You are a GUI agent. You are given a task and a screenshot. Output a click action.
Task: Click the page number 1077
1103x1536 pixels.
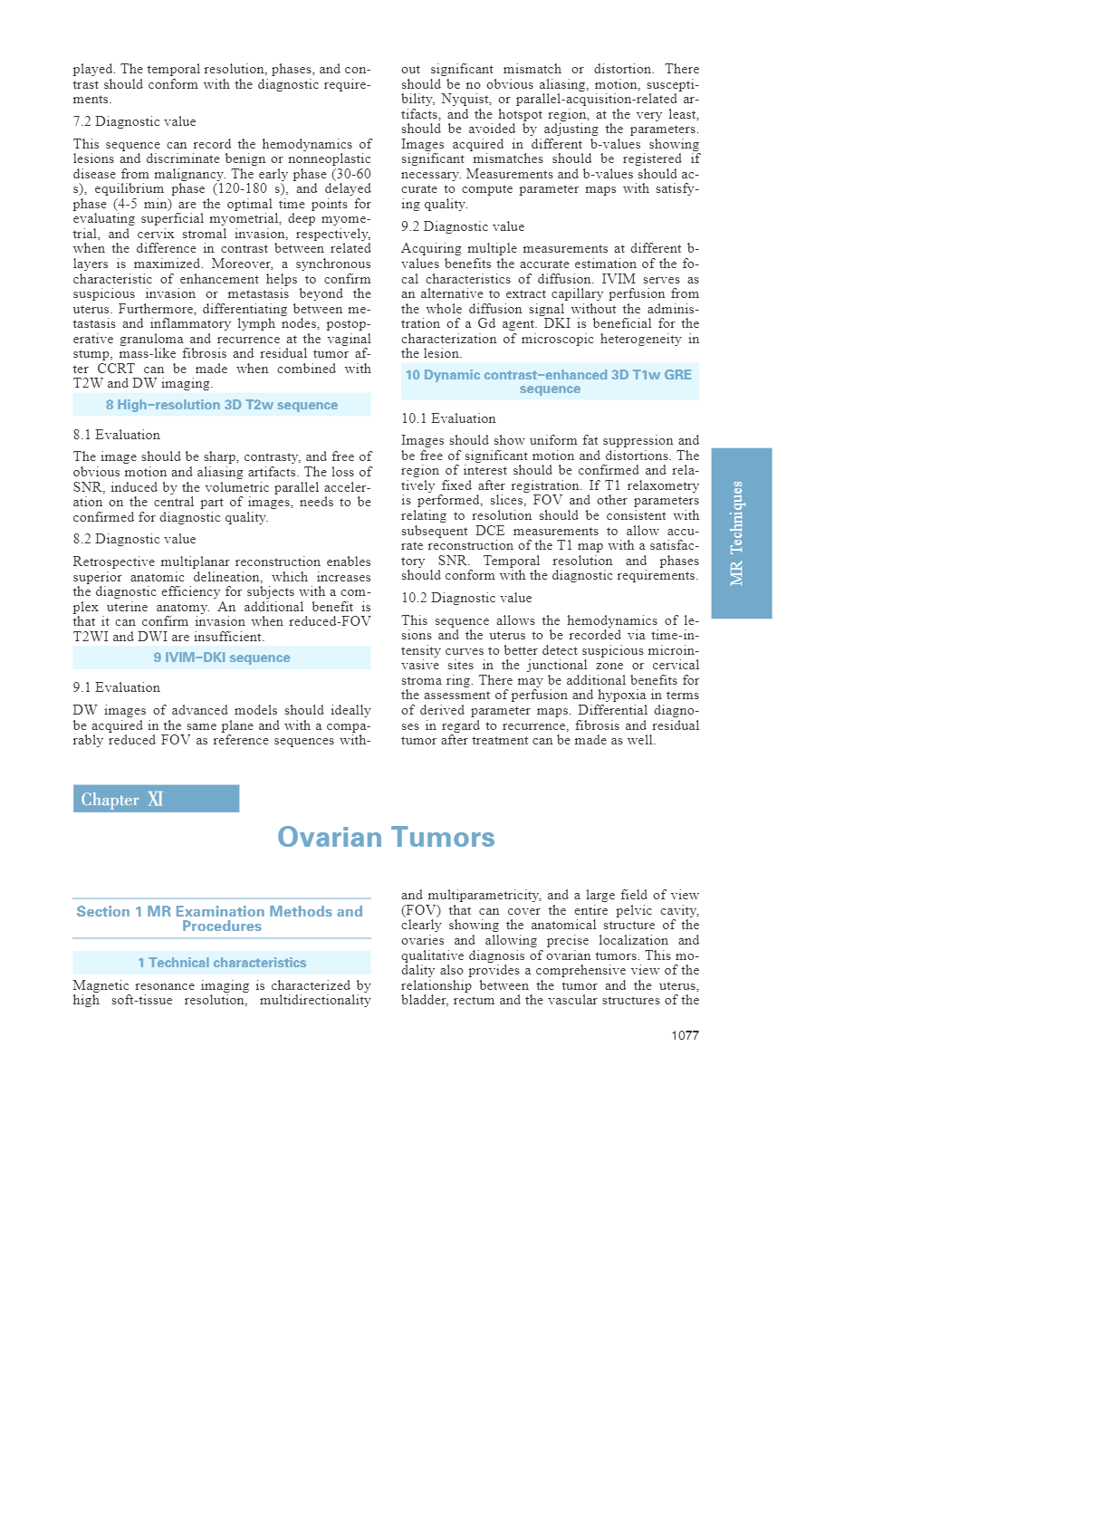(x=685, y=1035)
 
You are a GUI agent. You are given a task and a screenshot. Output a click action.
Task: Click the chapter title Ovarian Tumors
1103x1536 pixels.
(x=386, y=837)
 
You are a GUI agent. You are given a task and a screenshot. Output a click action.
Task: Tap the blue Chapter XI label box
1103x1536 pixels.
(x=156, y=799)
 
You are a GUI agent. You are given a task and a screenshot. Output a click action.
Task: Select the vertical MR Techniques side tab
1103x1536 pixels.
(x=741, y=533)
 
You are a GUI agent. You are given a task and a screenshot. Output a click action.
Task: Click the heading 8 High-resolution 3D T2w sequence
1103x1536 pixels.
(x=222, y=405)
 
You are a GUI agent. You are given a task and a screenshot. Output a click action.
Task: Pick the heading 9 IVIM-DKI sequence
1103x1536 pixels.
(x=222, y=658)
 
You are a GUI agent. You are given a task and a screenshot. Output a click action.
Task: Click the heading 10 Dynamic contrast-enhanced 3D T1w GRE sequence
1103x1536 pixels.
(x=549, y=381)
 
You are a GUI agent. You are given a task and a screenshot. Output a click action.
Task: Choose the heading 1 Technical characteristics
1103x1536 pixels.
(x=222, y=963)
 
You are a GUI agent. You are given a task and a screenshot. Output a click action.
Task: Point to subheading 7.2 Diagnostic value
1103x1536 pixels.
(x=134, y=121)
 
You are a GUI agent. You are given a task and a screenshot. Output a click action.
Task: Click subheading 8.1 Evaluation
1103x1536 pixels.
(x=116, y=435)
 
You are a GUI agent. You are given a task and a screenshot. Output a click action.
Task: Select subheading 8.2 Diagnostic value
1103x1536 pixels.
(x=134, y=539)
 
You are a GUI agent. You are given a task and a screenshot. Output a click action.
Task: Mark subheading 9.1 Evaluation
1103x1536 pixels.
(x=116, y=687)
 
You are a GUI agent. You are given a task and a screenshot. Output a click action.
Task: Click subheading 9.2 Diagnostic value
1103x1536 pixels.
(x=463, y=226)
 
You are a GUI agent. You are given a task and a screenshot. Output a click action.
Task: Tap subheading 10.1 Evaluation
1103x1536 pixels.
(x=448, y=418)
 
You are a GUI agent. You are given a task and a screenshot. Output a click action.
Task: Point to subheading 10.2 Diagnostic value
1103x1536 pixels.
(x=466, y=598)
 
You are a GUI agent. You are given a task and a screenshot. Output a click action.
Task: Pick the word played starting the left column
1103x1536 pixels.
(x=93, y=69)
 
